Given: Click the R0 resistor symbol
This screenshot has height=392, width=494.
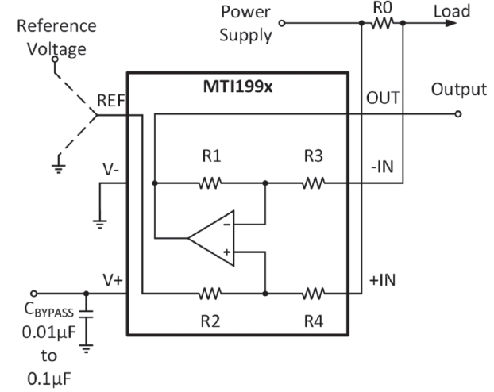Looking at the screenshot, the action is click(x=382, y=23).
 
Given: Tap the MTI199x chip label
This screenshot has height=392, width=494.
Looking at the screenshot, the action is click(x=237, y=86).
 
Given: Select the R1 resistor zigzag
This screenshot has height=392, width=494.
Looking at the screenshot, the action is click(x=210, y=183).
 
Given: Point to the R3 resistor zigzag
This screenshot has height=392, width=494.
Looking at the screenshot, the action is click(x=314, y=183).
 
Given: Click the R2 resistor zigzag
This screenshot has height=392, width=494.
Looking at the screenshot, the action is click(x=210, y=294).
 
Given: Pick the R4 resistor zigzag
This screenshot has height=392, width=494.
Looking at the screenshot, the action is click(x=314, y=294).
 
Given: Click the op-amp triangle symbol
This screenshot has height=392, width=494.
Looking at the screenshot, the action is click(x=211, y=238).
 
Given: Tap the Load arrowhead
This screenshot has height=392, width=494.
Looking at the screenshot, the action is click(x=451, y=23).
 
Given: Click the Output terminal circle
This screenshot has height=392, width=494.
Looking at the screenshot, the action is click(x=458, y=114).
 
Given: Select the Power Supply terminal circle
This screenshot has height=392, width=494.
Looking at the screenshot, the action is click(x=282, y=23).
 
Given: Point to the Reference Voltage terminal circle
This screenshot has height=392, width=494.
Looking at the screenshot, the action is click(x=55, y=59).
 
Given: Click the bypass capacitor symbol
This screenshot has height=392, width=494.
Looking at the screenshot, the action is click(x=86, y=314).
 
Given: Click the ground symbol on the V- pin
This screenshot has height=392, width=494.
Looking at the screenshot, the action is click(x=100, y=225).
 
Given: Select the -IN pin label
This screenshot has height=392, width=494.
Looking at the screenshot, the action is click(x=383, y=167).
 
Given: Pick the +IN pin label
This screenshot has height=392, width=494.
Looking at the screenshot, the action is click(x=383, y=280).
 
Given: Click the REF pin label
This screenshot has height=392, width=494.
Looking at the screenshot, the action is click(x=111, y=101).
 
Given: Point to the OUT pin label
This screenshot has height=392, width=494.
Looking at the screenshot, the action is click(x=383, y=98).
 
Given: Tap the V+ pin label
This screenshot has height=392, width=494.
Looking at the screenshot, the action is click(x=113, y=280).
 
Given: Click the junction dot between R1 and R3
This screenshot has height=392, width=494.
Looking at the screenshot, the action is click(x=265, y=183).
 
